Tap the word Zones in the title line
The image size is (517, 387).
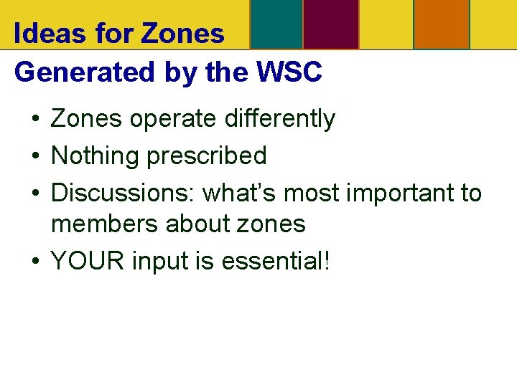pyautogui.click(x=183, y=33)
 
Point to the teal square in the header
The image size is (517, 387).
pyautogui.click(x=276, y=24)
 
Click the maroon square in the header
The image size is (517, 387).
pyautogui.click(x=331, y=24)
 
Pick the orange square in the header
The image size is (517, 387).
pyautogui.click(x=442, y=24)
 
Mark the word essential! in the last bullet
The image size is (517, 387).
pyautogui.click(x=276, y=261)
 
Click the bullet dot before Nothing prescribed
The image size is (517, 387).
pyautogui.click(x=34, y=156)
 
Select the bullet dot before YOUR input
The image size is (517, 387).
pyautogui.click(x=34, y=262)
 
